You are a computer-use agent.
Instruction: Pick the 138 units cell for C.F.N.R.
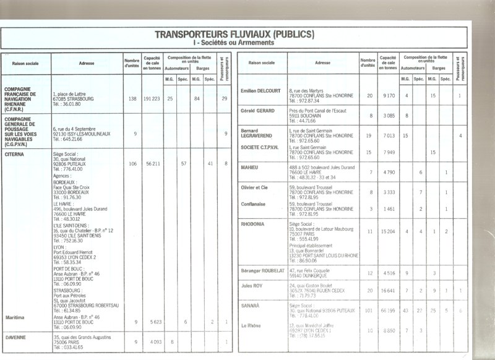coord(132,99)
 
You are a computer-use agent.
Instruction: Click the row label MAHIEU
coord(251,167)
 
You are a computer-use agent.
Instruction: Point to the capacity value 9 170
coord(389,96)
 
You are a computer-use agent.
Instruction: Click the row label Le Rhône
coord(252,325)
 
